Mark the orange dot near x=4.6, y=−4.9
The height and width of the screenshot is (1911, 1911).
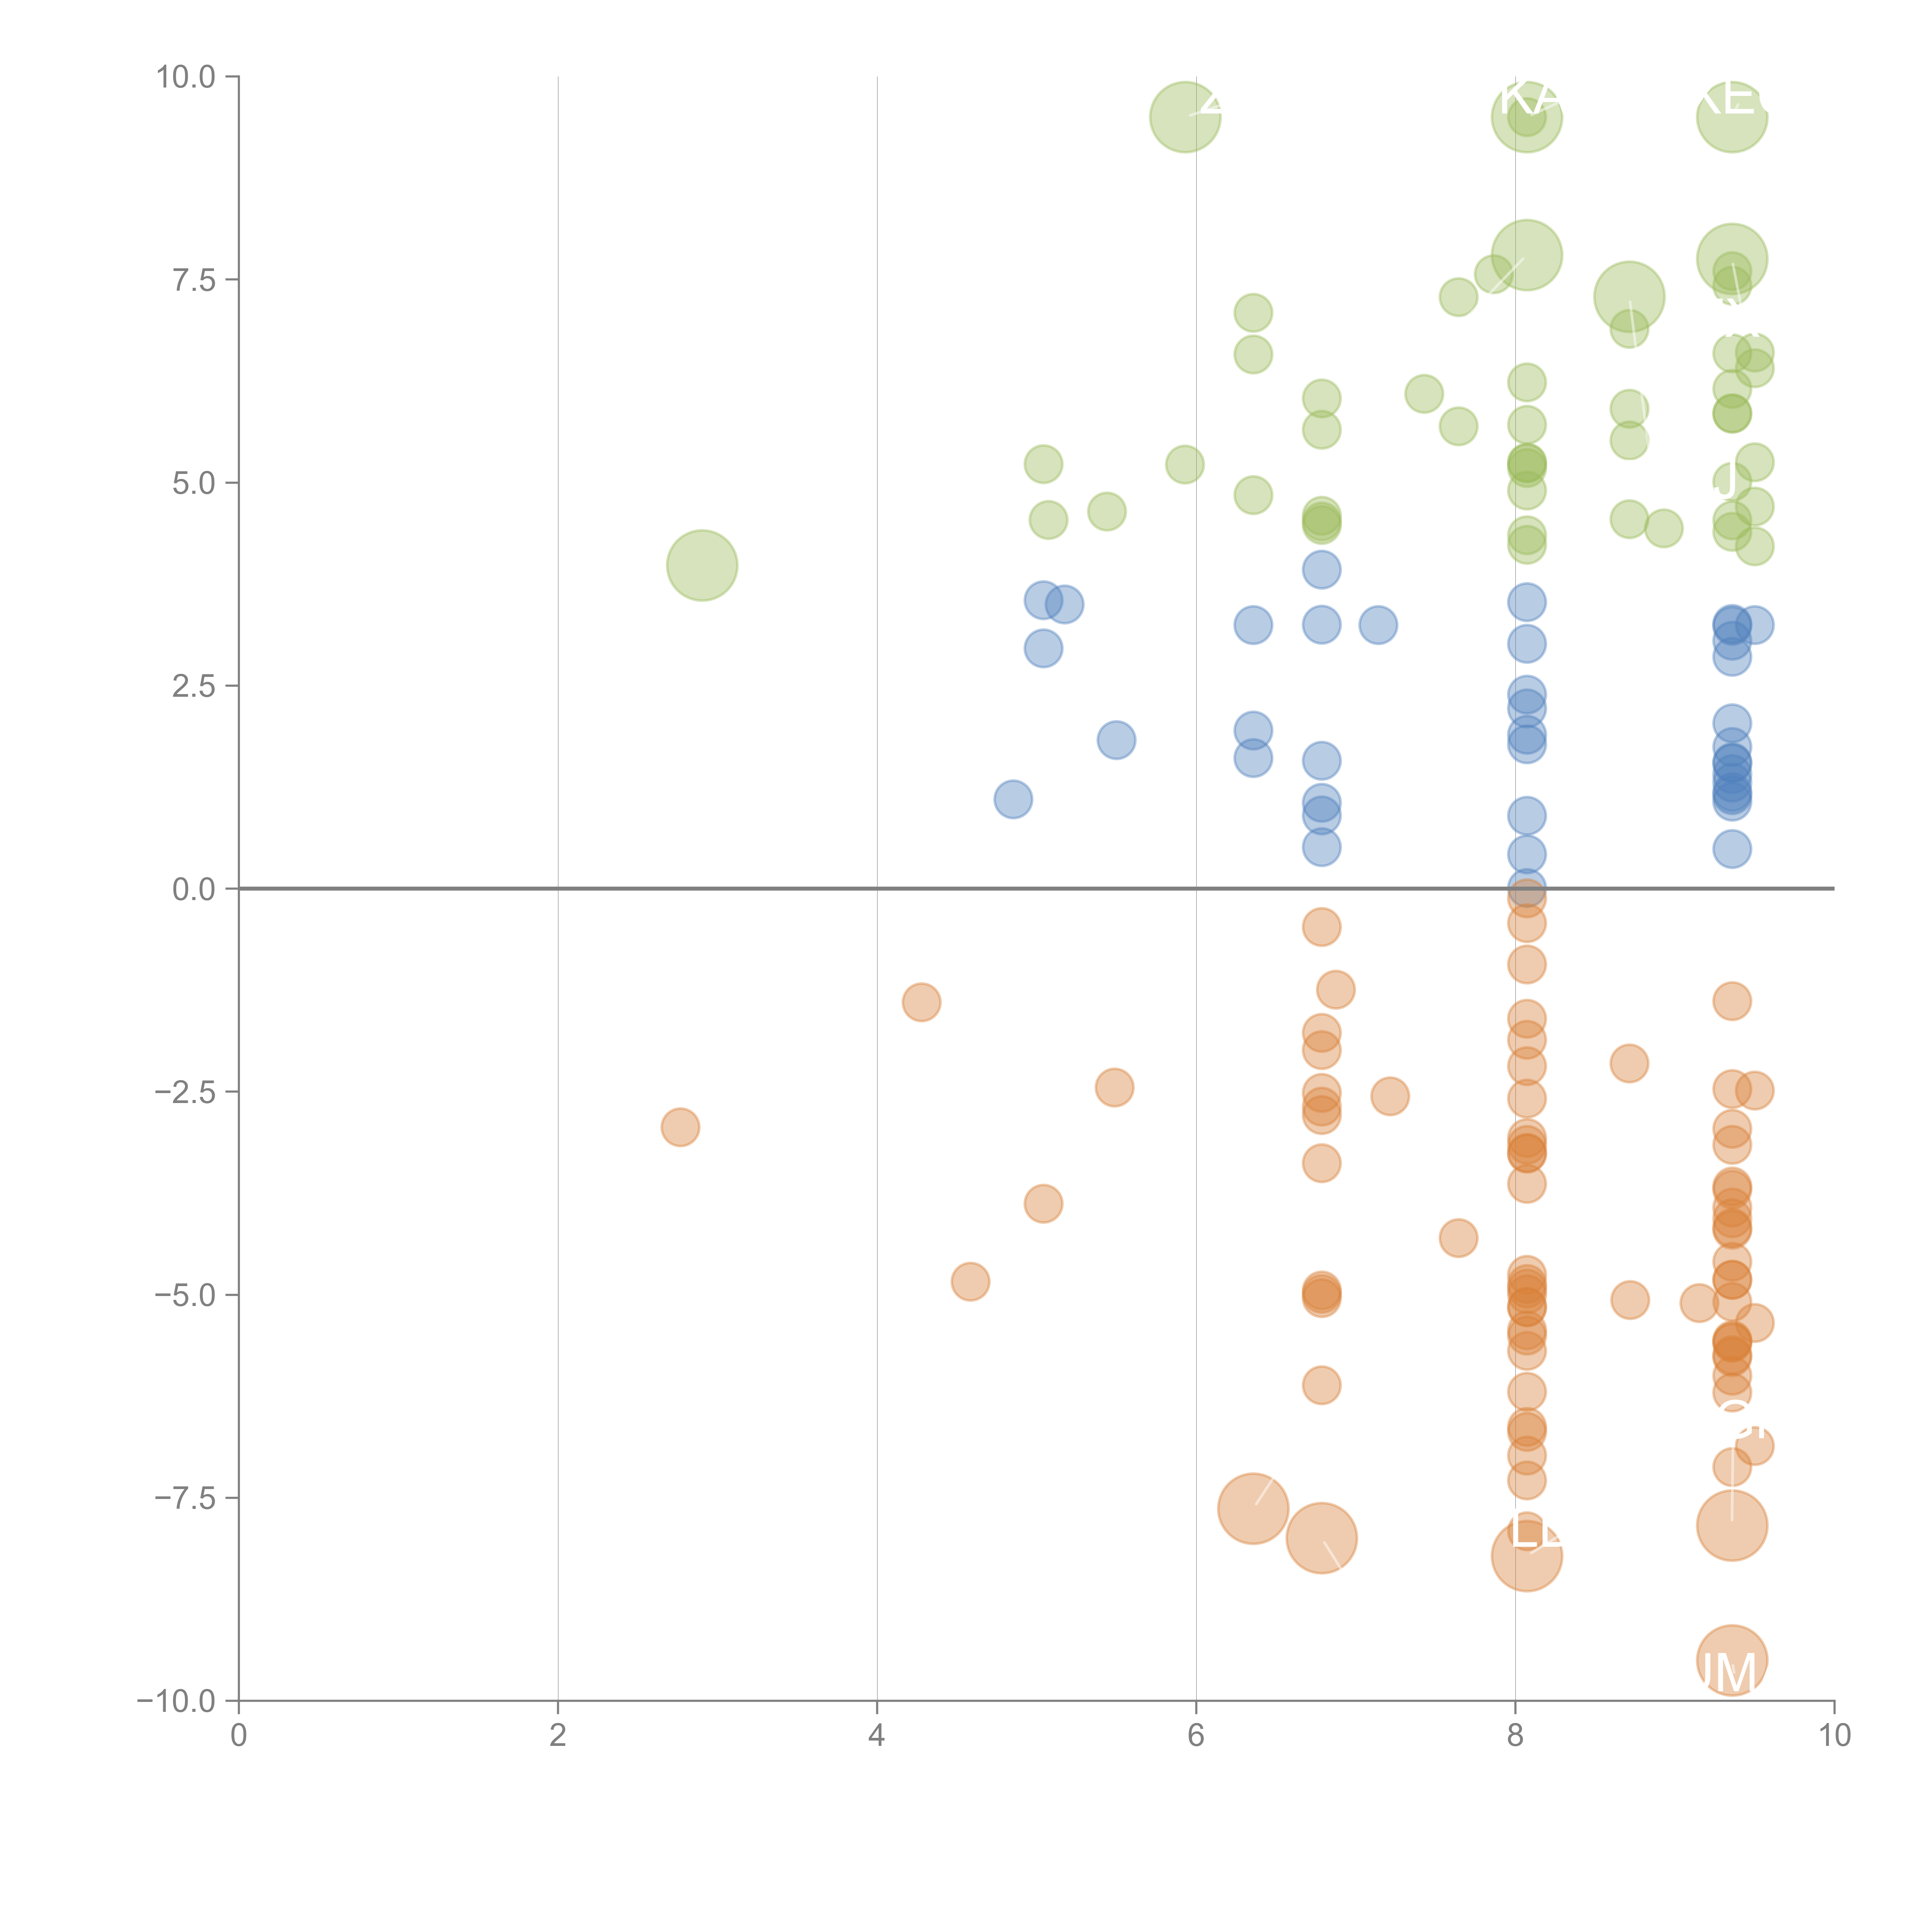tap(970, 1282)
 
